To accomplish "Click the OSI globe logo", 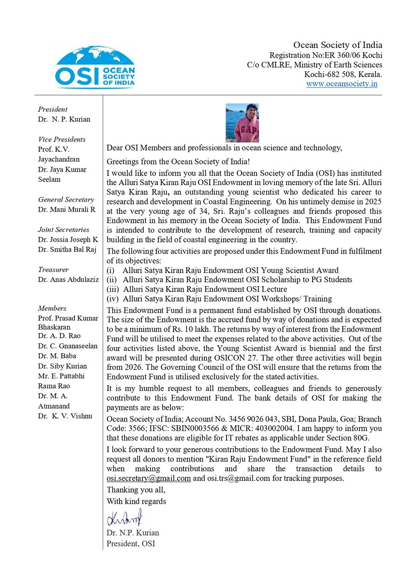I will pos(95,67).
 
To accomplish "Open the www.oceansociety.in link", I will pos(341,84).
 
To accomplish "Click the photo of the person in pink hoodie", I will pos(242,122).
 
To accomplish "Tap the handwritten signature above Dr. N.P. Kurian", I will pos(124,519).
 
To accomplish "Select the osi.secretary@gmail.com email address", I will pos(149,478).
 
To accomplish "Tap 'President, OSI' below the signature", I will pos(131,543).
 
